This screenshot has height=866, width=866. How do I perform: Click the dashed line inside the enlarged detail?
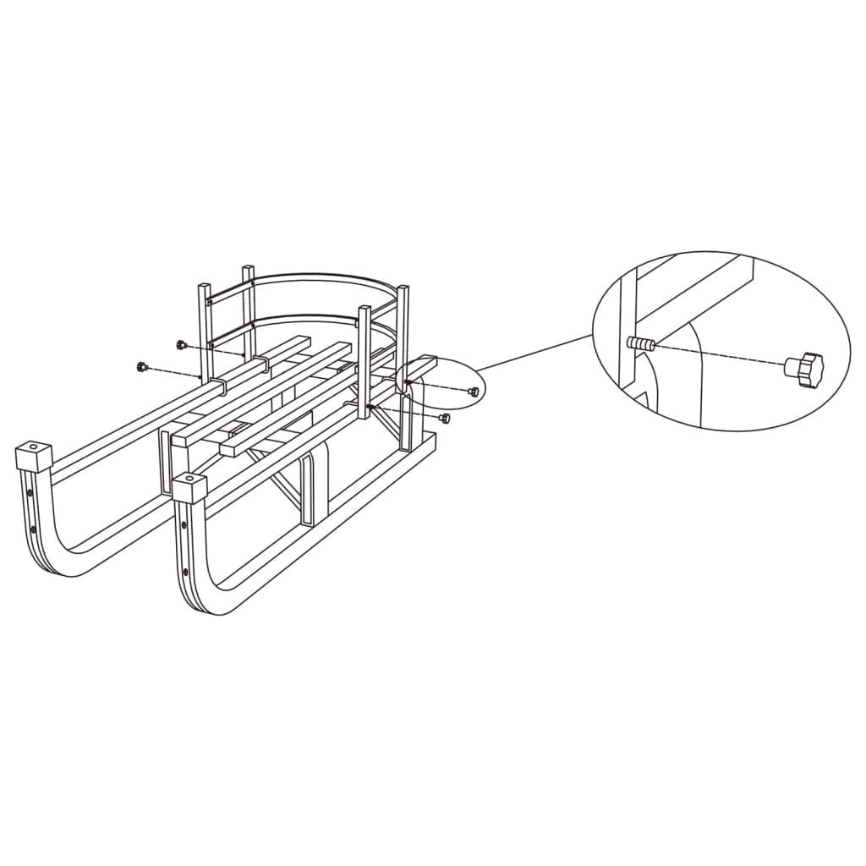719,356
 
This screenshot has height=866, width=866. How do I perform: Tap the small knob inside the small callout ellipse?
474,391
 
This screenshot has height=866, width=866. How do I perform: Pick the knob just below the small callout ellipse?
445,418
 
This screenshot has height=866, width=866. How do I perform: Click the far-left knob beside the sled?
141,366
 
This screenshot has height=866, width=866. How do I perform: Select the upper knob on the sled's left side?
180,344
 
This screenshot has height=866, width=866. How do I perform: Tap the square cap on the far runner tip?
33,457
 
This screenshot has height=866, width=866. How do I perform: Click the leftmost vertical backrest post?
205,330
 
